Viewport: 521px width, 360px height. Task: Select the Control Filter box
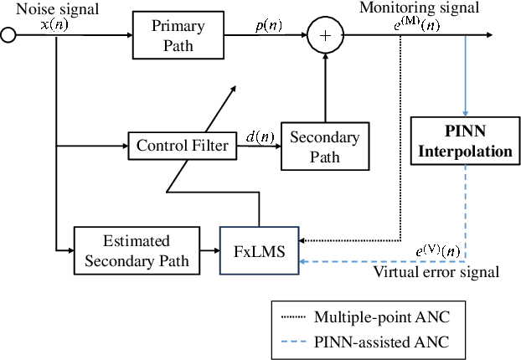(182, 146)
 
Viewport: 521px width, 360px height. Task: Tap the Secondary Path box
(319, 146)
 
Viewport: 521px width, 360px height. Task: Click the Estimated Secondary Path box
(137, 249)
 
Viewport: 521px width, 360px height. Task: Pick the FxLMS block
(259, 249)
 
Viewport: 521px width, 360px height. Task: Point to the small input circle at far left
(8, 35)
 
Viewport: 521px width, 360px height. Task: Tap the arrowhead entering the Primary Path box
(129, 35)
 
